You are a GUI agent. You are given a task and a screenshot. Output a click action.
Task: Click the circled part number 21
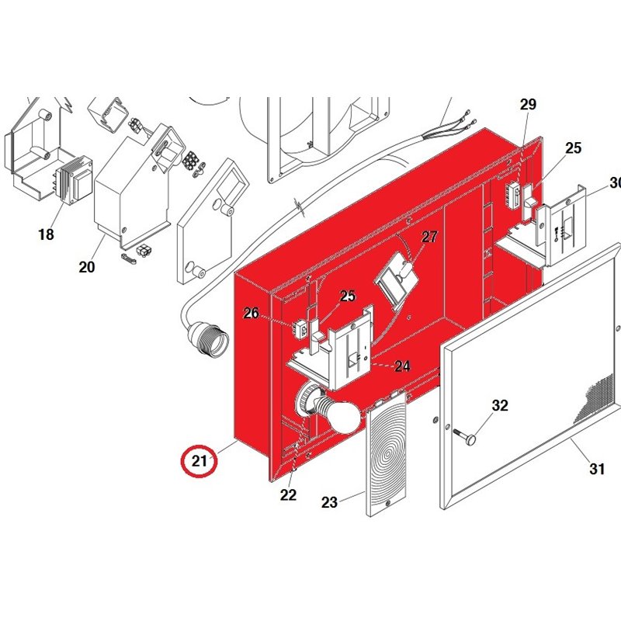pyautogui.click(x=200, y=461)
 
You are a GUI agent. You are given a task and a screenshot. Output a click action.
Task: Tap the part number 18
pyautogui.click(x=46, y=234)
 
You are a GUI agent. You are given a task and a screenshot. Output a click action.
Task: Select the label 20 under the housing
pyautogui.click(x=86, y=267)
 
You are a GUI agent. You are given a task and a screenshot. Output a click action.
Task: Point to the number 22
pyautogui.click(x=288, y=495)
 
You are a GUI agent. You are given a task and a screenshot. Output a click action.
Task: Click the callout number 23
pyautogui.click(x=330, y=502)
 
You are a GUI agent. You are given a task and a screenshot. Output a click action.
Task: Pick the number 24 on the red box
pyautogui.click(x=402, y=366)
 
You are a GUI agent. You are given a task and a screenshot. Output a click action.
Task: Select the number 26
pyautogui.click(x=251, y=313)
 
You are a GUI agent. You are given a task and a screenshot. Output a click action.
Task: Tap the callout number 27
pyautogui.click(x=430, y=238)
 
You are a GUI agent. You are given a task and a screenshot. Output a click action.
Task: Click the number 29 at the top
pyautogui.click(x=529, y=105)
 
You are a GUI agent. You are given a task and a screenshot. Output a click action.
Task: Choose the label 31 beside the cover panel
pyautogui.click(x=596, y=468)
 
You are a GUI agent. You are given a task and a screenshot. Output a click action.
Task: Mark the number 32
pyautogui.click(x=500, y=405)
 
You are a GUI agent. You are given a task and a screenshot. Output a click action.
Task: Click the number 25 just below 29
pyautogui.click(x=573, y=148)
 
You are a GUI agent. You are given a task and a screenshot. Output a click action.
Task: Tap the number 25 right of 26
pyautogui.click(x=347, y=296)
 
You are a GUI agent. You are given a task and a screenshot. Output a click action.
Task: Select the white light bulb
pyautogui.click(x=342, y=416)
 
